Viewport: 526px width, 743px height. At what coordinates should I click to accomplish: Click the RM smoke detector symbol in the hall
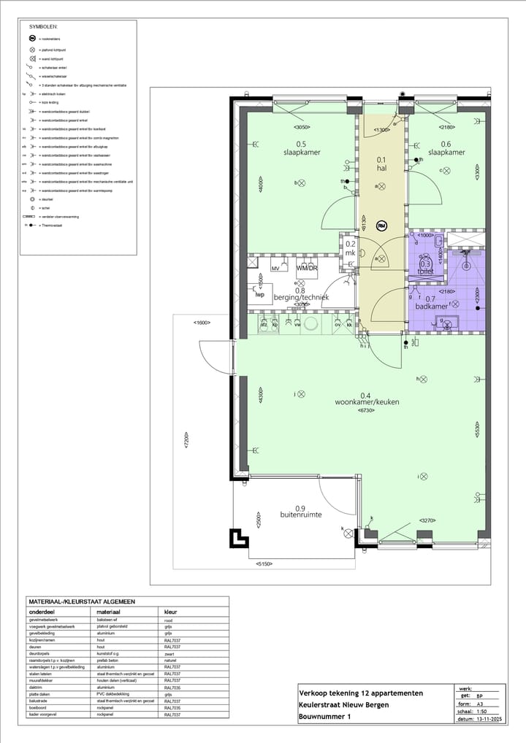pyautogui.click(x=381, y=226)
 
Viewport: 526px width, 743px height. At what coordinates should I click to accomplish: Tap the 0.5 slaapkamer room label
pyautogui.click(x=300, y=148)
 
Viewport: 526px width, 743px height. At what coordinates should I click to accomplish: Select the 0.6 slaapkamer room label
pyautogui.click(x=446, y=148)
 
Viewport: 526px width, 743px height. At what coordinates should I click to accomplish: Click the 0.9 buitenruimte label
pyautogui.click(x=300, y=512)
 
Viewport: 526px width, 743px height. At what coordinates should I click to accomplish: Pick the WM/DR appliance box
pyautogui.click(x=307, y=269)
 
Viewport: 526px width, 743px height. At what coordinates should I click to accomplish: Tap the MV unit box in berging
pyautogui.click(x=275, y=269)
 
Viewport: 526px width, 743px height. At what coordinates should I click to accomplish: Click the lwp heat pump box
pyautogui.click(x=259, y=294)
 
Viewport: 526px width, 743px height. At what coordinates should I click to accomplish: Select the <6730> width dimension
pyautogui.click(x=366, y=412)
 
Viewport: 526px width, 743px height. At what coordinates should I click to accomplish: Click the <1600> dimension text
pyautogui.click(x=202, y=322)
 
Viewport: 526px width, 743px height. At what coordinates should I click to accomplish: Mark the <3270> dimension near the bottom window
pyautogui.click(x=427, y=520)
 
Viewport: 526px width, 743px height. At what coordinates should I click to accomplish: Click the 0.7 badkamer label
pyautogui.click(x=435, y=303)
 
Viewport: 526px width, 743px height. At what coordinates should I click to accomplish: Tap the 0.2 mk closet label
pyautogui.click(x=350, y=249)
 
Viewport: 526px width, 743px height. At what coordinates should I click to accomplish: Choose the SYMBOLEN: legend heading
pyautogui.click(x=43, y=26)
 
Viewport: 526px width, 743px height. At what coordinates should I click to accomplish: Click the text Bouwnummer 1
pyautogui.click(x=324, y=717)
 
